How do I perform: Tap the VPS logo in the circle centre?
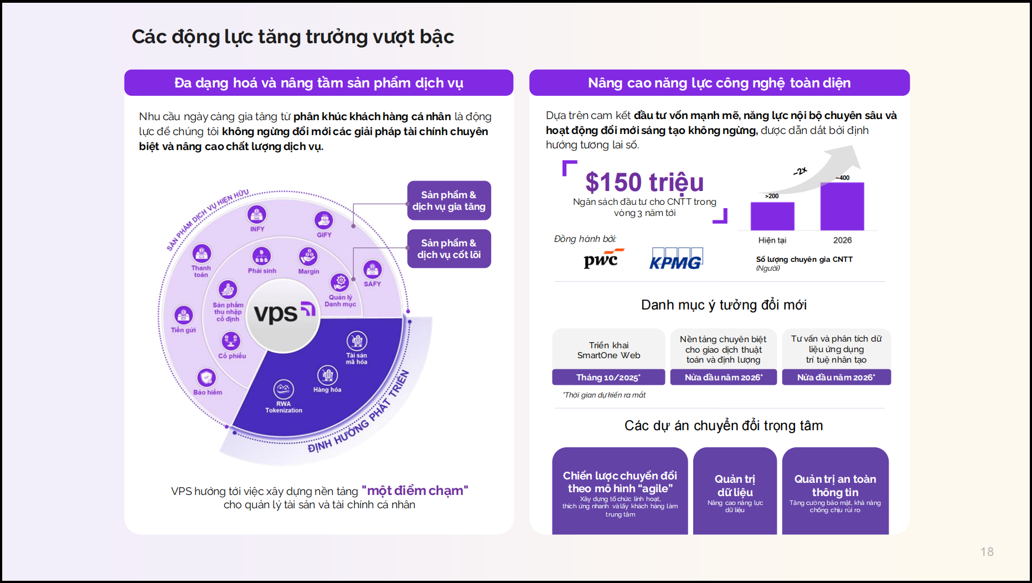[283, 313]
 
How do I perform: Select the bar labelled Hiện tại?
[772, 216]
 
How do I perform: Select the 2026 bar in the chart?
[842, 206]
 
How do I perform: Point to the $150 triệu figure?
[644, 182]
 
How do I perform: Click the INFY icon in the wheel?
[257, 214]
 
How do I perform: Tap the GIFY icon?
[324, 220]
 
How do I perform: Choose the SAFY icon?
[373, 270]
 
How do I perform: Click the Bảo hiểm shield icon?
[207, 378]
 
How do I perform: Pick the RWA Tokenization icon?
[283, 389]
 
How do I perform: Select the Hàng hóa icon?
[327, 375]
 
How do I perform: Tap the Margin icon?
[308, 257]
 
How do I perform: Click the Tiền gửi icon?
[183, 315]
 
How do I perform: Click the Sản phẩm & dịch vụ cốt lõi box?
[449, 249]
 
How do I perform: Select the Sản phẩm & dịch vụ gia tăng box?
[449, 200]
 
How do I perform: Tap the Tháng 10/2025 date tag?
[608, 377]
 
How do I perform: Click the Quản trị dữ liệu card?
[735, 491]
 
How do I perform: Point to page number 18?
[987, 551]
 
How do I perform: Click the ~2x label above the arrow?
[800, 172]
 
